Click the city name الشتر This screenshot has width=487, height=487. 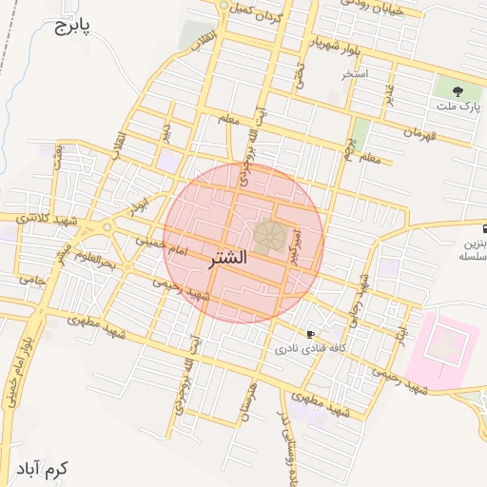225,258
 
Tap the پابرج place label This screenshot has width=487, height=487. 68,25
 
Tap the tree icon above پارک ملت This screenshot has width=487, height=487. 458,92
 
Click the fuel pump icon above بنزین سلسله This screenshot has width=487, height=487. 486,229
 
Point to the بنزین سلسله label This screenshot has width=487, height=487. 472,250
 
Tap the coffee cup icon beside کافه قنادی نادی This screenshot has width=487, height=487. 310,334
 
